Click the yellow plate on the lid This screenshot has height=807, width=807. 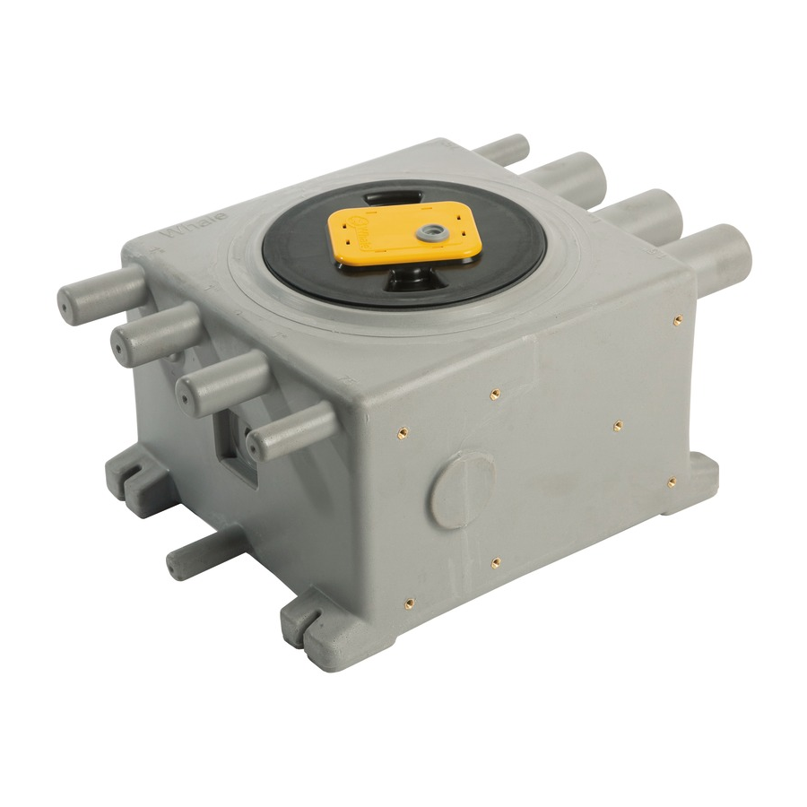coord(403,237)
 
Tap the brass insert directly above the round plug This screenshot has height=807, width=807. coord(494,394)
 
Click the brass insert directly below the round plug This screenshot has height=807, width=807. coord(495,563)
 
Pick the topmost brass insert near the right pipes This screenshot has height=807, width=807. coord(678,319)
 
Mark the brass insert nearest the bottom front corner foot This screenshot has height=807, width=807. coord(409,603)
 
